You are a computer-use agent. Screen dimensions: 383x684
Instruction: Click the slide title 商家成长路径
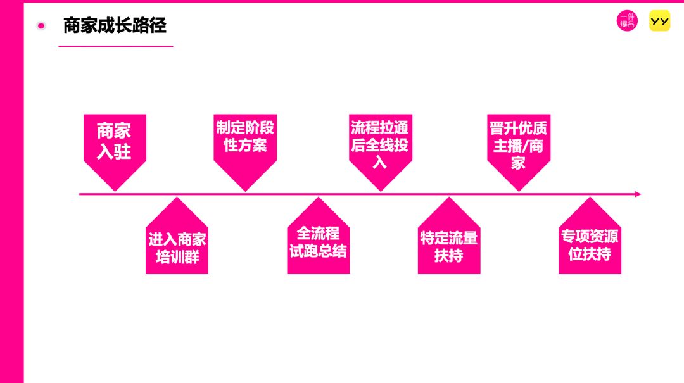pyautogui.click(x=115, y=25)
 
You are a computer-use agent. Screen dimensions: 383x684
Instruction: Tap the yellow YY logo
pyautogui.click(x=659, y=22)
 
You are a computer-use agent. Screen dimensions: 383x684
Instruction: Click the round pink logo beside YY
pyautogui.click(x=627, y=22)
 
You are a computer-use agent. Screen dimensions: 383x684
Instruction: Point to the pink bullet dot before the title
pyautogui.click(x=41, y=26)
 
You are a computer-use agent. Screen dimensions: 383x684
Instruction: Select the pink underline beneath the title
pyautogui.click(x=115, y=46)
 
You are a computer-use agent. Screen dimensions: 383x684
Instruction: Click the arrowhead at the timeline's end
pyautogui.click(x=638, y=194)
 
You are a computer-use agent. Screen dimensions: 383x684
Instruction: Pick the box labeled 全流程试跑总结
pyautogui.click(x=318, y=244)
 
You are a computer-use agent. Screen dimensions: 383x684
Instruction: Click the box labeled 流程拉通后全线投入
pyautogui.click(x=380, y=146)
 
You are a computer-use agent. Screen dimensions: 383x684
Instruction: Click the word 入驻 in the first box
pyautogui.click(x=114, y=153)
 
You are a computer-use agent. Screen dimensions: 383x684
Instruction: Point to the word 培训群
pyautogui.click(x=177, y=257)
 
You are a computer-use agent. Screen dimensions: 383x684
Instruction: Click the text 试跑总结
pyautogui.click(x=318, y=251)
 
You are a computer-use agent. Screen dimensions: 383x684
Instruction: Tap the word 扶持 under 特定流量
pyautogui.click(x=448, y=256)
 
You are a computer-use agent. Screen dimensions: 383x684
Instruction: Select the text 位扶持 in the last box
pyautogui.click(x=590, y=254)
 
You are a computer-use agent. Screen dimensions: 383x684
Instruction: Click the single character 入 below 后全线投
pyautogui.click(x=379, y=162)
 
